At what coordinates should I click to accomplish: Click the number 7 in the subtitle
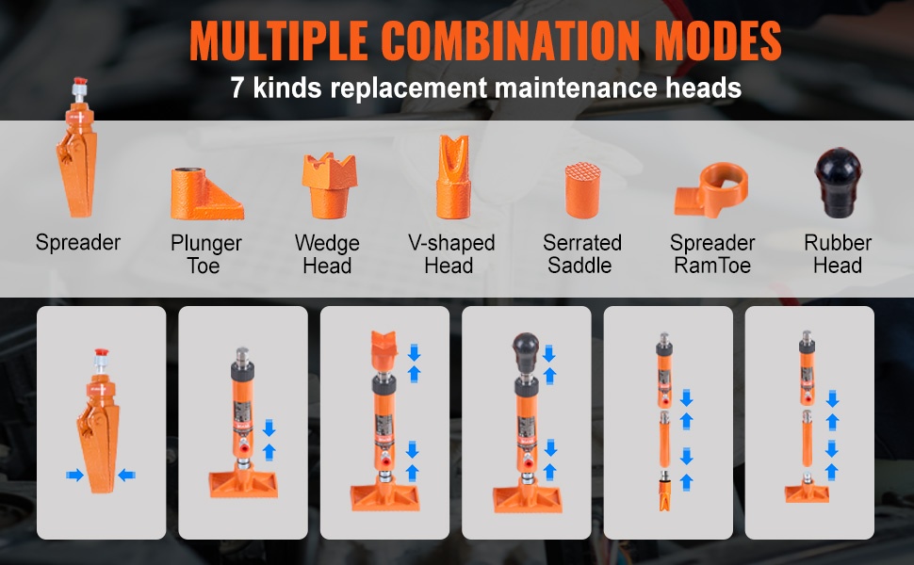[x=237, y=88]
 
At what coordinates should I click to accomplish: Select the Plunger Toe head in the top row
[x=207, y=193]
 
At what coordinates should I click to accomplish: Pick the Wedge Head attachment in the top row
[x=330, y=186]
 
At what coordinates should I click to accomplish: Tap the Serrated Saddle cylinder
[x=582, y=190]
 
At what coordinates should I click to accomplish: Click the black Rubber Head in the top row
[x=839, y=183]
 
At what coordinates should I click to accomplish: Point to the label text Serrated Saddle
[x=581, y=254]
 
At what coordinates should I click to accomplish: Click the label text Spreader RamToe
[x=712, y=254]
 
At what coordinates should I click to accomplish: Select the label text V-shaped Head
[x=451, y=254]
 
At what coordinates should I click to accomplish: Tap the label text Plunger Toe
[x=205, y=254]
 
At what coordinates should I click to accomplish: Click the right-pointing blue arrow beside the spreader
[x=74, y=476]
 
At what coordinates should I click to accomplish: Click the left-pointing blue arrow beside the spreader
[x=126, y=476]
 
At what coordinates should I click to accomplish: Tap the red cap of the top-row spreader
[x=80, y=81]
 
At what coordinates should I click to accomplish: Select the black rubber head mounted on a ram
[x=525, y=352]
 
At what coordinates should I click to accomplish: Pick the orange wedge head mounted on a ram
[x=384, y=350]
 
